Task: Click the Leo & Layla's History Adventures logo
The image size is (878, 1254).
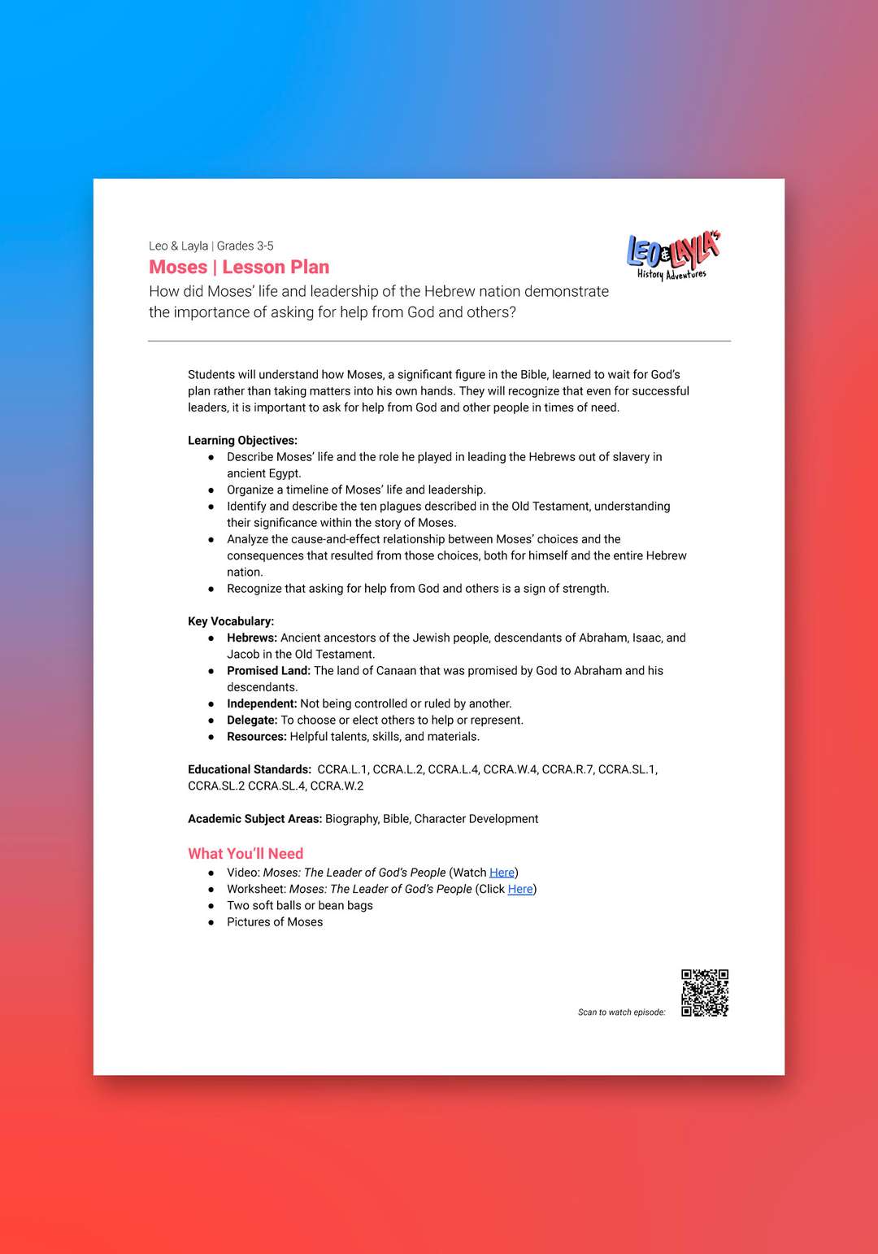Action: [673, 255]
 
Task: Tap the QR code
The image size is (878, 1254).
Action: [705, 992]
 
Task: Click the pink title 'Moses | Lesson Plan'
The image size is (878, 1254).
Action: [239, 267]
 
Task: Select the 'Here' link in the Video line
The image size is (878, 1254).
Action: [502, 873]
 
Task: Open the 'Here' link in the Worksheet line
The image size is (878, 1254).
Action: [520, 889]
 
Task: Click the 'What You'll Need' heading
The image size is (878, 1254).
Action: [246, 853]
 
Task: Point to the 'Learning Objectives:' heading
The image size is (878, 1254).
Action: [242, 440]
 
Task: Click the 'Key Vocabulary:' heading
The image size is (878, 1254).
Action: [231, 620]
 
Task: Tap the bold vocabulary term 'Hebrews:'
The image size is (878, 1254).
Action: [252, 638]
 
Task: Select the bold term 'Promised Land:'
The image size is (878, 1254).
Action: [268, 670]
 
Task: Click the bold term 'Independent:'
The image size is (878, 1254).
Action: [262, 703]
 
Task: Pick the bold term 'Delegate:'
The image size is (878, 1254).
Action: [252, 720]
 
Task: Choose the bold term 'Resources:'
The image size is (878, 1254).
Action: [257, 736]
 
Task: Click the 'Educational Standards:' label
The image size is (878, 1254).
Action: [250, 769]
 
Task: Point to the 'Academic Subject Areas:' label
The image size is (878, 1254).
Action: [254, 818]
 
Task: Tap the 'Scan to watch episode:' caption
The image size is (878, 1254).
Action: [621, 1012]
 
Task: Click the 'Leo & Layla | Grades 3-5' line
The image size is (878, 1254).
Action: [211, 246]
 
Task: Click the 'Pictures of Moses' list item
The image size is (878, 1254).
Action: [275, 921]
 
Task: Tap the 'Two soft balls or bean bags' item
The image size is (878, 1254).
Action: [300, 905]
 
